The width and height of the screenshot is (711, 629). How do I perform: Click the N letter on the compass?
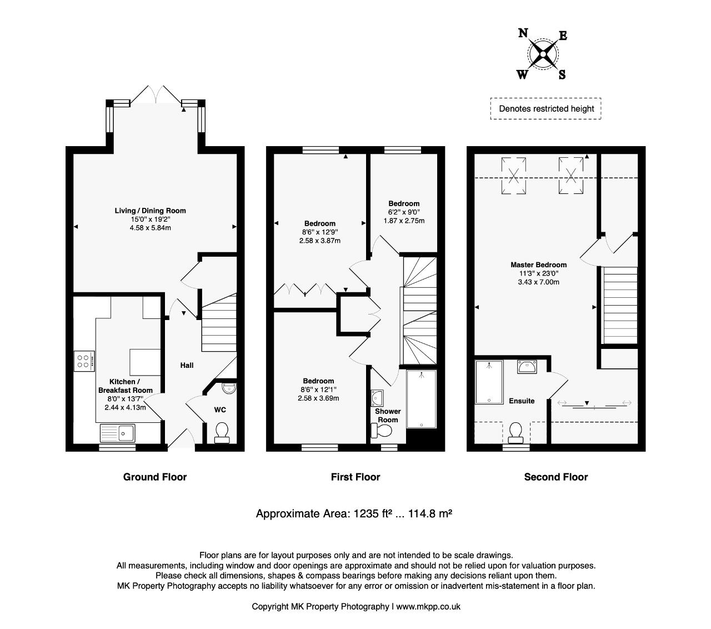tap(523, 33)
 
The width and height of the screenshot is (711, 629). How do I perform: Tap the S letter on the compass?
tap(562, 74)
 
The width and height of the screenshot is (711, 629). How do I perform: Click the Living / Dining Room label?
tap(150, 211)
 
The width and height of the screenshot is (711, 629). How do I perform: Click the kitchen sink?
tap(118, 433)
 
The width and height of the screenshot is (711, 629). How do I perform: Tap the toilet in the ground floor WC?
tap(222, 433)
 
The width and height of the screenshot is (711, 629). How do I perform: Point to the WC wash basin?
tap(229, 388)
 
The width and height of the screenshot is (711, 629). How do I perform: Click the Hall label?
tap(187, 366)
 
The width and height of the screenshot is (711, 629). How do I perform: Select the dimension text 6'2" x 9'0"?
tap(404, 212)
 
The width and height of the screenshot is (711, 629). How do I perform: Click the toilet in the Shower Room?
tap(382, 430)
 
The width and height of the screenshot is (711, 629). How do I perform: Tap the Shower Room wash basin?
tap(377, 398)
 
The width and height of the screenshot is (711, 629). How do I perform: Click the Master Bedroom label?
tap(538, 265)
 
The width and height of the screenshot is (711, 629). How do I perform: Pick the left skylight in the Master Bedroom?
tap(514, 176)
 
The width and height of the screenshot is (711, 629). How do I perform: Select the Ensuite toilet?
tap(515, 433)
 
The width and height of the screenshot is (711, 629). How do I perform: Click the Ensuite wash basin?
tap(527, 367)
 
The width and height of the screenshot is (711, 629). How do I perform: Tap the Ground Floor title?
tap(155, 477)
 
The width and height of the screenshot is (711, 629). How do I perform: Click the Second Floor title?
tap(556, 477)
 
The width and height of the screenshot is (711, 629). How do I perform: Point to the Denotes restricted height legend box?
tap(545, 109)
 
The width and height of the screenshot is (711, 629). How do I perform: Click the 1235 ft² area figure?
tap(372, 513)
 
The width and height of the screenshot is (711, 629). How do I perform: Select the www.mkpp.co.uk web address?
tap(428, 607)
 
